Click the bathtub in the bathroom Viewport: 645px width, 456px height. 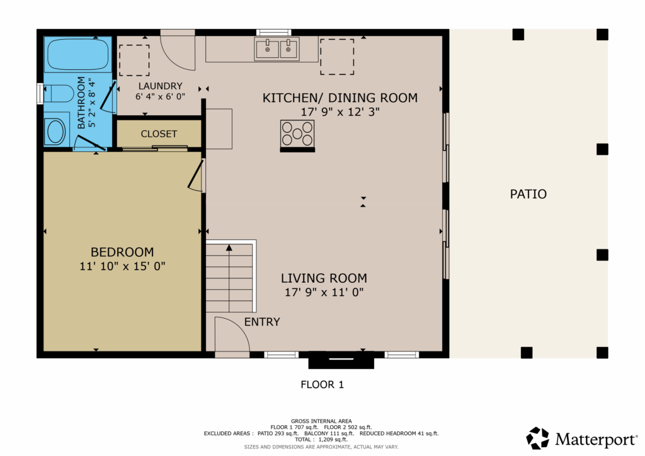pos(77,54)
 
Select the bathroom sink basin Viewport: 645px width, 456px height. pos(56,131)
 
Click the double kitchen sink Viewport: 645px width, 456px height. pos(277,49)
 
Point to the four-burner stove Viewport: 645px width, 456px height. pos(297,134)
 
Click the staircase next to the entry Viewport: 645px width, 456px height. pos(229,276)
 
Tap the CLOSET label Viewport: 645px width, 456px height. pos(159,134)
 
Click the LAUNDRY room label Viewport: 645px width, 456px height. pos(161,86)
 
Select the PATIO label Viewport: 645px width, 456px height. pos(528,194)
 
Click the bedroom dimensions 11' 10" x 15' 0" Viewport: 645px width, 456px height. pos(122,266)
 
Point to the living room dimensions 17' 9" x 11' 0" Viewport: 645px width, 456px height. pos(324,292)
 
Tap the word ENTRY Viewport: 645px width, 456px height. pos(262,322)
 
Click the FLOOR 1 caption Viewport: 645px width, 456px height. pos(322,384)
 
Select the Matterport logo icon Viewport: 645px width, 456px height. pos(538,438)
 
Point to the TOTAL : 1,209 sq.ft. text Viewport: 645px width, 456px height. pos(321,440)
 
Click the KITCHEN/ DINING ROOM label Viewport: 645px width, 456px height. pos(340,98)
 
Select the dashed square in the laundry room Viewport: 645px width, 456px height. pos(134,60)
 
